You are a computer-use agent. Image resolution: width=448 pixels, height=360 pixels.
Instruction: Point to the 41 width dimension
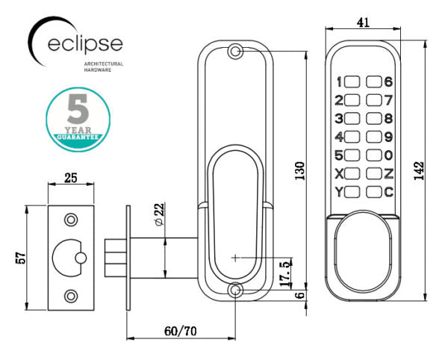tap(364, 23)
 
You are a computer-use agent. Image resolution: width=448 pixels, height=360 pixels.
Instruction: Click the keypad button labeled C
tap(374, 192)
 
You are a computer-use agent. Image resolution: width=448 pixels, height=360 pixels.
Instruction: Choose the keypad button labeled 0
tap(374, 155)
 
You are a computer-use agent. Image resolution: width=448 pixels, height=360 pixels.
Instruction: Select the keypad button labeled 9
tap(374, 137)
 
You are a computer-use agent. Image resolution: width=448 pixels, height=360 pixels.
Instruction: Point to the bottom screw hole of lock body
tap(236, 291)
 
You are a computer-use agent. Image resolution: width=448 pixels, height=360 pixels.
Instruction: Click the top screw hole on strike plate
tap(71, 220)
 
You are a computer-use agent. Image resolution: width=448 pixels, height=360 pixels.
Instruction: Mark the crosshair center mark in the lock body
tap(236, 258)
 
